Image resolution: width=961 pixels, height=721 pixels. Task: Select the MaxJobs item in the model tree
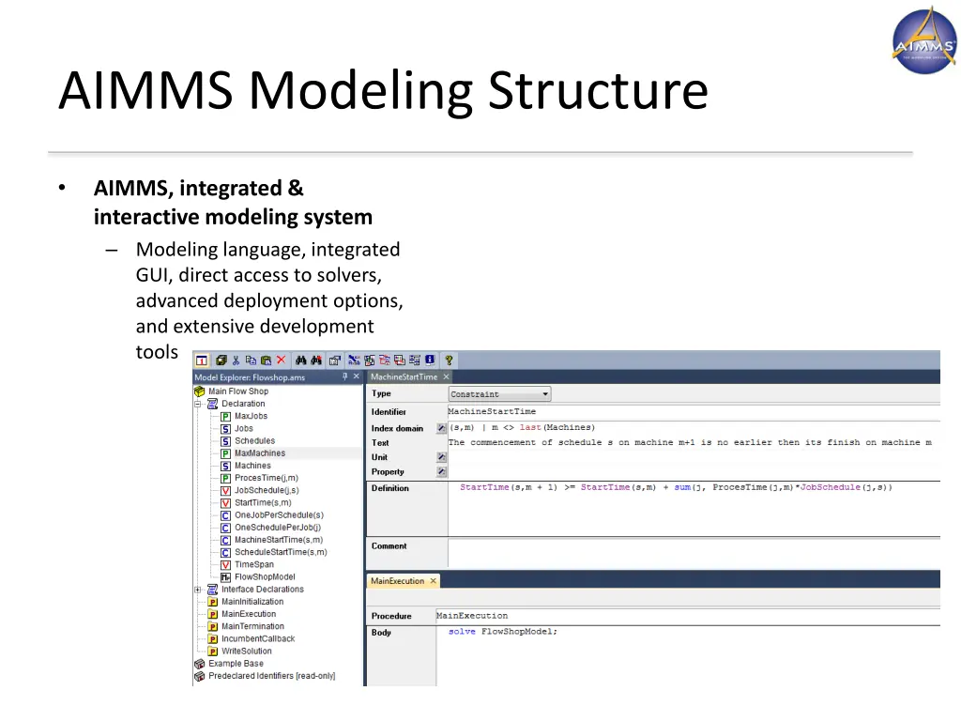250,416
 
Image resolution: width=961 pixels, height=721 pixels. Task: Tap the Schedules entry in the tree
254,440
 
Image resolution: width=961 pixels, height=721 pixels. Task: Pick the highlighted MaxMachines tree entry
259,453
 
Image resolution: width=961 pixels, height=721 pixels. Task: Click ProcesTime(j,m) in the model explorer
266,478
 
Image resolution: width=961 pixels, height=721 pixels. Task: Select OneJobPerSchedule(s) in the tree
278,514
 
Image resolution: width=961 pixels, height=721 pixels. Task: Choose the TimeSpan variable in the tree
253,564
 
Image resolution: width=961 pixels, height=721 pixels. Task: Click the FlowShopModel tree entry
264,576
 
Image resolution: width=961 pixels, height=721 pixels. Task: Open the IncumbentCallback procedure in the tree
257,638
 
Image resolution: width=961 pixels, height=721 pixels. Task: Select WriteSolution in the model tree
246,651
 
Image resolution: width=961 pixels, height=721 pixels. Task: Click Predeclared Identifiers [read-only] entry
270,676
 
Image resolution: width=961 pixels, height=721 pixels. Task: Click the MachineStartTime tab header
403,376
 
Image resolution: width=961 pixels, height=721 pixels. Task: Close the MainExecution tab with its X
434,581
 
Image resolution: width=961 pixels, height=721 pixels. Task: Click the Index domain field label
397,428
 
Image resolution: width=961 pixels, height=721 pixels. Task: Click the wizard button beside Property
441,472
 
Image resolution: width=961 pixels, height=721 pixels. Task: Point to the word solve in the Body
462,632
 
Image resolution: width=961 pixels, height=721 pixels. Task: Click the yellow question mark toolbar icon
449,360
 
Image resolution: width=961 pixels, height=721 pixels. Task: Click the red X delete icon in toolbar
281,360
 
